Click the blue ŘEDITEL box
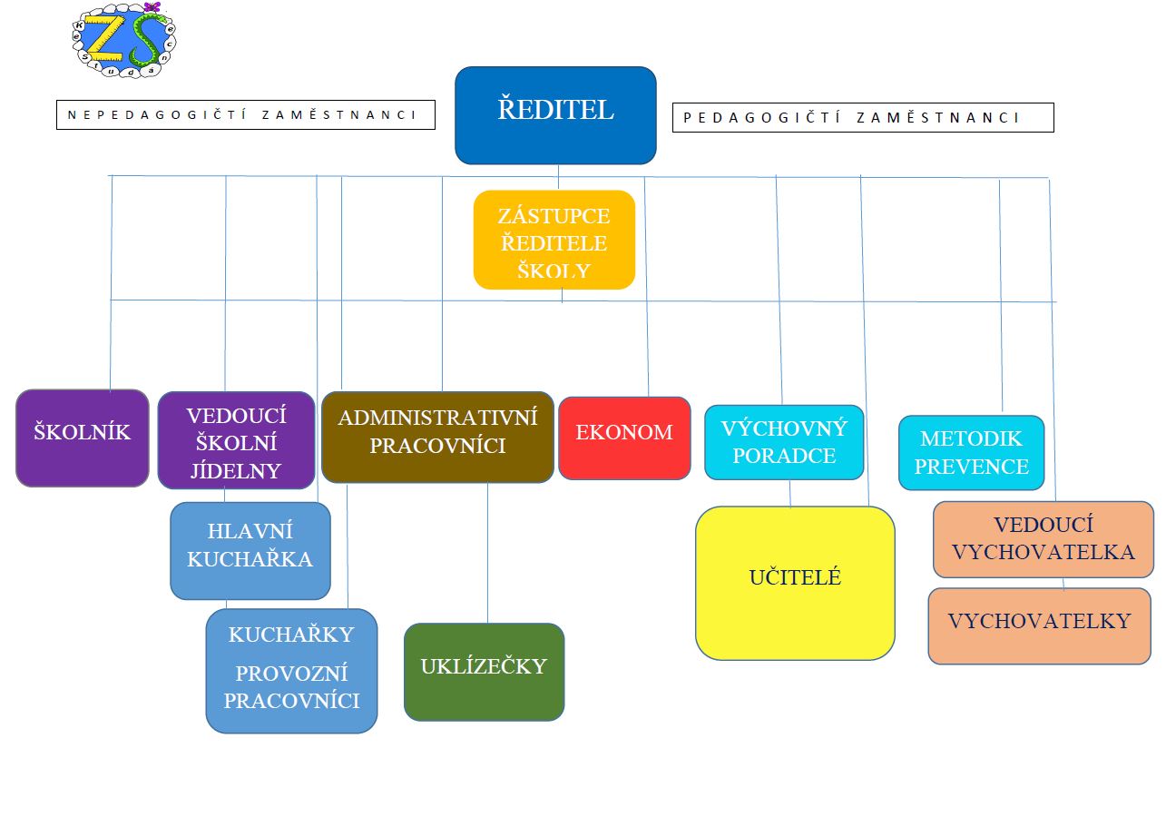pyautogui.click(x=555, y=115)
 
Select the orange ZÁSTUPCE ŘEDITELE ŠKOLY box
pyautogui.click(x=554, y=240)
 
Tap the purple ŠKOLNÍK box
pyautogui.click(x=83, y=438)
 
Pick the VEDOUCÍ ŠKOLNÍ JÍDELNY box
pyautogui.click(x=236, y=440)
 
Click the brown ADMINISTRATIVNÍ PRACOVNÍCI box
pyautogui.click(x=437, y=437)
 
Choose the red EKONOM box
pyautogui.click(x=624, y=438)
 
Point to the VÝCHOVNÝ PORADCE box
pyautogui.click(x=784, y=442)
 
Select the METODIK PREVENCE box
pyautogui.click(x=971, y=452)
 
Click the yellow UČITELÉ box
pyautogui.click(x=796, y=583)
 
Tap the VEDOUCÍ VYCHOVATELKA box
pyautogui.click(x=1044, y=539)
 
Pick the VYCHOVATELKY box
pyautogui.click(x=1040, y=625)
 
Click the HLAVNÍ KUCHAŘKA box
pyautogui.click(x=250, y=551)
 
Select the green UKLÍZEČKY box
pyautogui.click(x=485, y=672)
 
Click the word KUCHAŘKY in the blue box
pyautogui.click(x=291, y=635)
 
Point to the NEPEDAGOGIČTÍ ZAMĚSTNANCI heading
pyautogui.click(x=246, y=114)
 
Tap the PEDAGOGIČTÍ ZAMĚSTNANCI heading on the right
pyautogui.click(x=863, y=118)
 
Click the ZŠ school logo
pyautogui.click(x=124, y=40)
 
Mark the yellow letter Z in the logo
pyautogui.click(x=105, y=37)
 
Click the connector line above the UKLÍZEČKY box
pyautogui.click(x=488, y=553)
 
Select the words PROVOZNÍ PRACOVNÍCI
pyautogui.click(x=291, y=687)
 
